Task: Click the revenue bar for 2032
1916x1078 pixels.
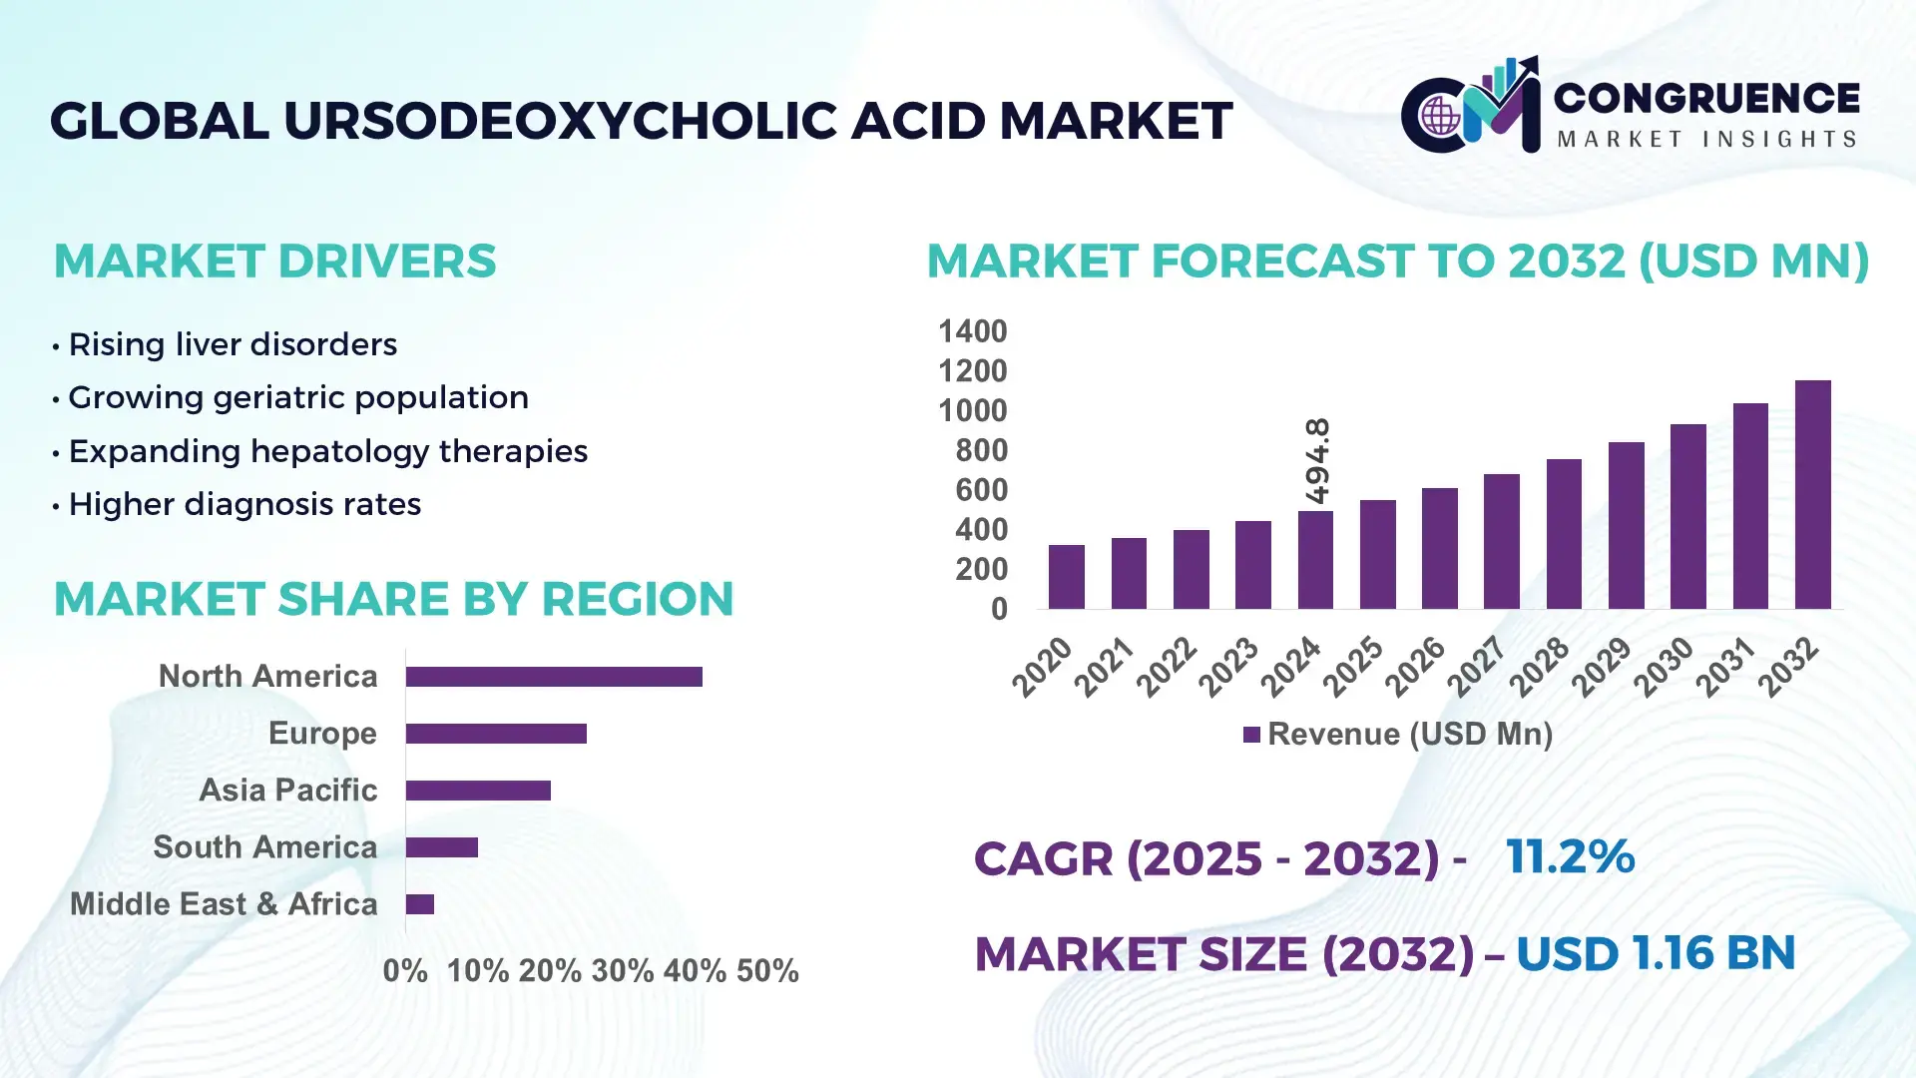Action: click(1812, 495)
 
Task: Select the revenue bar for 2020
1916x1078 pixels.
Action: click(1066, 577)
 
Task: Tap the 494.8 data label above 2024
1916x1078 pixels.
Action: click(1317, 460)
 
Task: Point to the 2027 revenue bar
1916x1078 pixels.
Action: click(1501, 541)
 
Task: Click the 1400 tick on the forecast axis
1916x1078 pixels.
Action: click(972, 331)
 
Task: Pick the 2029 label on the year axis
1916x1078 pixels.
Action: click(1600, 667)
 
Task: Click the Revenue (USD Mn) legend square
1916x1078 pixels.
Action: click(1250, 736)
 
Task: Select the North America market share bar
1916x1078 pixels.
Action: click(554, 677)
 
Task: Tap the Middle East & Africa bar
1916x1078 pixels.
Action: click(420, 904)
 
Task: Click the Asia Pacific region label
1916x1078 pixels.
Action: click(287, 791)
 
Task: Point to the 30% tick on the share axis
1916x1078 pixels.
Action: click(622, 971)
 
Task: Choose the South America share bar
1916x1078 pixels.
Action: click(442, 847)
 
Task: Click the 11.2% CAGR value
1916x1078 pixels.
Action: click(1570, 856)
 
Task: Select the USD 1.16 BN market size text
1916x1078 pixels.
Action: click(1655, 953)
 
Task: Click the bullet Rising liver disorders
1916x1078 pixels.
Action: click(232, 344)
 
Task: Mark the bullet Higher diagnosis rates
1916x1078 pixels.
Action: click(243, 504)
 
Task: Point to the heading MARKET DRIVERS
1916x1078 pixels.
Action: click(274, 262)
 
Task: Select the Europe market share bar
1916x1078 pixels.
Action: click(496, 734)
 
